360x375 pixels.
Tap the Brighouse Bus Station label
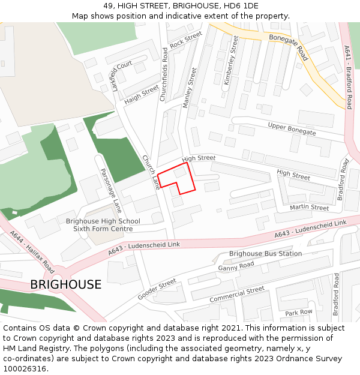tap(265, 254)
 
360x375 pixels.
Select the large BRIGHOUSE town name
tap(66, 284)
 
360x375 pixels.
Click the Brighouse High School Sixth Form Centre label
tap(103, 225)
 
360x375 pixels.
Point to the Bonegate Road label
tap(289, 47)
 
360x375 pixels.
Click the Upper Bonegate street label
tap(292, 128)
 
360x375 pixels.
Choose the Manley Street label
tap(190, 88)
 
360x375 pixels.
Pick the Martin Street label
tap(309, 208)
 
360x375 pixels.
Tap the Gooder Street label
tap(157, 289)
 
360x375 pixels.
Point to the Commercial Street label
tap(237, 294)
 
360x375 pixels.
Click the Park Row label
tap(299, 313)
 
